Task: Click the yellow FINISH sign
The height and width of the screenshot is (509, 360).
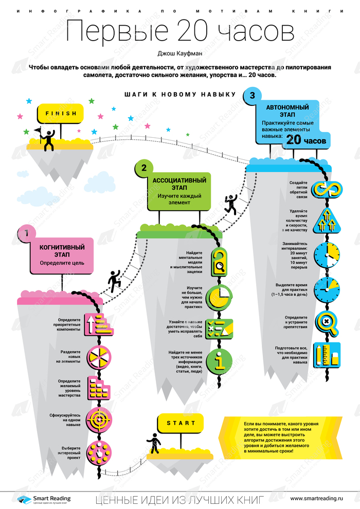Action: coord(60,113)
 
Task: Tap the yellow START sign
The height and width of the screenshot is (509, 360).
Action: coord(181,424)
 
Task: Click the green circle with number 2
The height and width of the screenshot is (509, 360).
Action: coord(144,167)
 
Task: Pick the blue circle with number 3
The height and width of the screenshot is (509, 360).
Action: coord(252,96)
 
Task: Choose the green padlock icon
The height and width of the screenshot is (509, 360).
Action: coord(219,261)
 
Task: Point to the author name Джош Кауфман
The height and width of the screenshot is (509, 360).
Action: coord(179,52)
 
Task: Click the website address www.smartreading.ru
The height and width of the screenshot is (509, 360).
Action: coord(316,498)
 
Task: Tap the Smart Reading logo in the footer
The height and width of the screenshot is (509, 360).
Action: coord(43,499)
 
